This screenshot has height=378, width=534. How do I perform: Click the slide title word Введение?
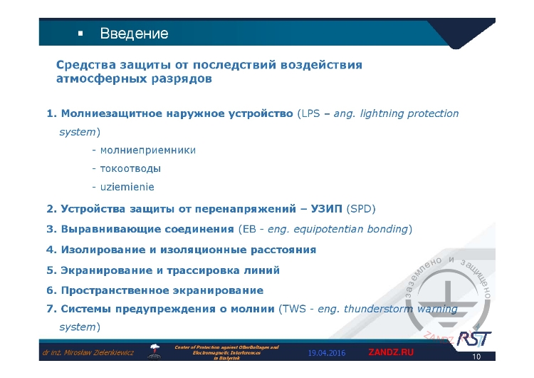point(134,34)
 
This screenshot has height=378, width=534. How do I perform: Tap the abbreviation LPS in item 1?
point(311,113)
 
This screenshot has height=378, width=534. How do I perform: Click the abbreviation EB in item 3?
point(249,229)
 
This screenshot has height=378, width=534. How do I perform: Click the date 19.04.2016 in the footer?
point(327,353)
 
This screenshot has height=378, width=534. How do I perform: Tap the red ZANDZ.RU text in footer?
point(390,353)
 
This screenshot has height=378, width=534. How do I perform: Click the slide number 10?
point(477,357)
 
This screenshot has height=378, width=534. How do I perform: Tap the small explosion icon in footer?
point(154,349)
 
